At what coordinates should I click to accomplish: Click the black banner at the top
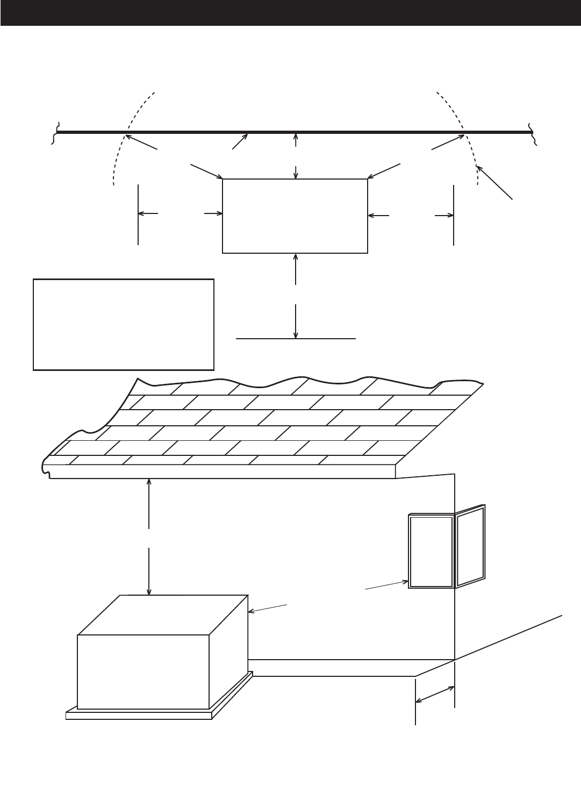(x=290, y=13)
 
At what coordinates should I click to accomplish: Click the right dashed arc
(x=467, y=134)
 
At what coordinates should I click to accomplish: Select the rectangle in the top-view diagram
(x=295, y=216)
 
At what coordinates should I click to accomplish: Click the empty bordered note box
(x=124, y=324)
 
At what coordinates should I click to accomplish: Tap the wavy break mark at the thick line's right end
(x=532, y=132)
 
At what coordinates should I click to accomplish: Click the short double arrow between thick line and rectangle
(x=296, y=155)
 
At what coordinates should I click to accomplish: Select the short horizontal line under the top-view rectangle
(x=296, y=339)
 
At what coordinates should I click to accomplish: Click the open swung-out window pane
(x=471, y=546)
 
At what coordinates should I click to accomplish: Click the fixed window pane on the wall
(x=431, y=552)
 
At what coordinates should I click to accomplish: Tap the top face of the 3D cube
(x=161, y=614)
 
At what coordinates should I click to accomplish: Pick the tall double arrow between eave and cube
(x=149, y=538)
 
